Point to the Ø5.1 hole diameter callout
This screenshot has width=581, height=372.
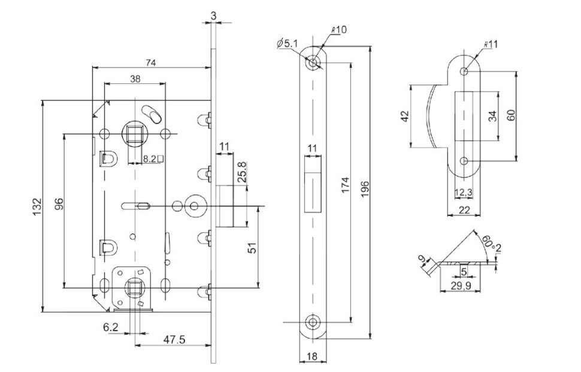[286, 43]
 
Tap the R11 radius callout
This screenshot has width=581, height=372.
[491, 44]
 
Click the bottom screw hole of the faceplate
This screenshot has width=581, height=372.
[312, 323]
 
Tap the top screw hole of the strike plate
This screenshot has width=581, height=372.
[464, 71]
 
